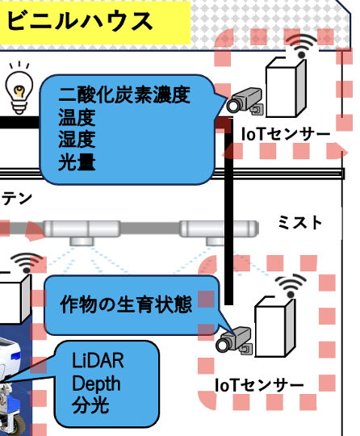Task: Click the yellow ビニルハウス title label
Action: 94,23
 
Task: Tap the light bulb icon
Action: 19,88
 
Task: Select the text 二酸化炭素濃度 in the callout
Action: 124,94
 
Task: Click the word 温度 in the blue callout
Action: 77,117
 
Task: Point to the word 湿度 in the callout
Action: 77,140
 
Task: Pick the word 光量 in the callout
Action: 77,161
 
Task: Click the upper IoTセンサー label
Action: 286,134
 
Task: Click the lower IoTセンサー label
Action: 259,385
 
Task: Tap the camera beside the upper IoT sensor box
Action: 245,100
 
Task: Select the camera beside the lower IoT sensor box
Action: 234,341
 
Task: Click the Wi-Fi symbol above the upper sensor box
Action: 302,46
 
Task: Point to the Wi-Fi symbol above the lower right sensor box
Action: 291,286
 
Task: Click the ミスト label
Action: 299,223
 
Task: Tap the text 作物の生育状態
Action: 126,304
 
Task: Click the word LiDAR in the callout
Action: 98,360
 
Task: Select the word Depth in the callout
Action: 96,384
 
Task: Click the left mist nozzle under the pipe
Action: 82,241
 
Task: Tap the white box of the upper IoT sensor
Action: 286,87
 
